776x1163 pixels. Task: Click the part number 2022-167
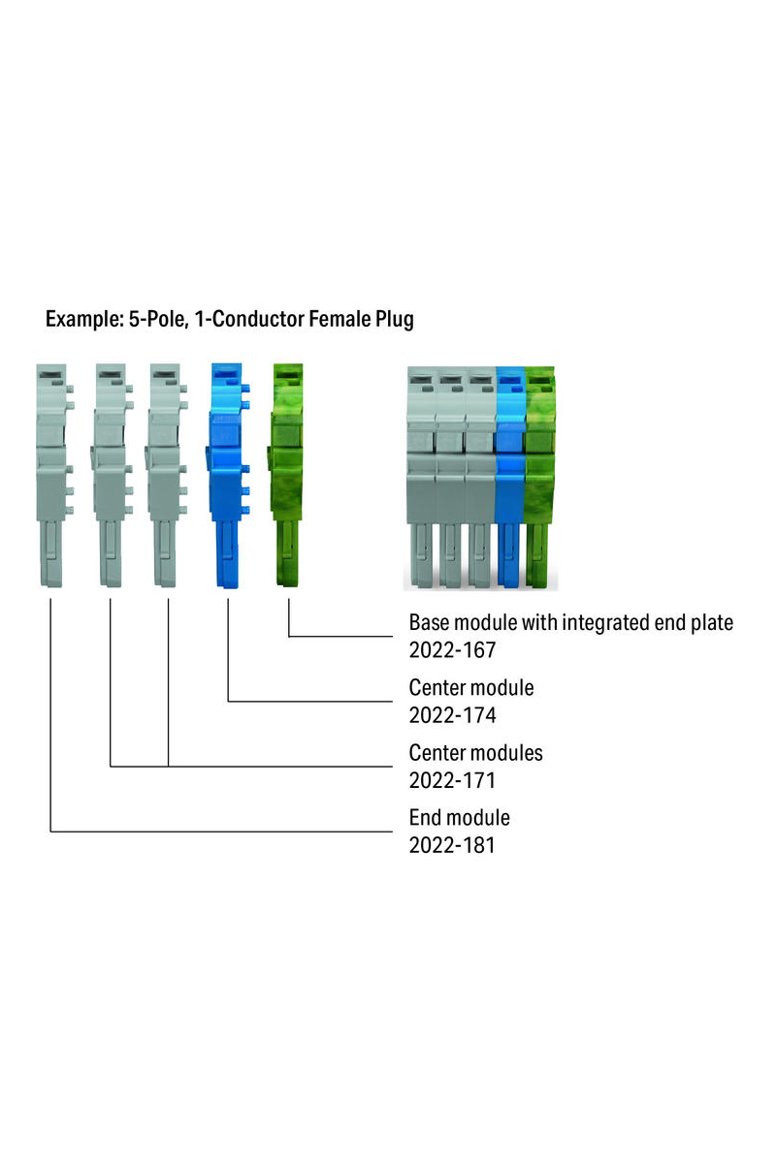452,650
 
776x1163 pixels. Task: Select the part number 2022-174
452,715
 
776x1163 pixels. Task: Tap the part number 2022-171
452,780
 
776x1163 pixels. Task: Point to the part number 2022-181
452,845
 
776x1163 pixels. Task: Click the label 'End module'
459,817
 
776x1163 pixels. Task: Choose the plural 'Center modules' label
475,752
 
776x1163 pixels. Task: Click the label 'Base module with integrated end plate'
570,622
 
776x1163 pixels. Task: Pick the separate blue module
229,475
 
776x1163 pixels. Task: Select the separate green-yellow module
286,475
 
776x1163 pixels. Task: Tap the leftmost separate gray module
53,475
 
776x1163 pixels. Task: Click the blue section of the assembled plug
509,478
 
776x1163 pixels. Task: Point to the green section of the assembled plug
540,478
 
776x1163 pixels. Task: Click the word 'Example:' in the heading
84,319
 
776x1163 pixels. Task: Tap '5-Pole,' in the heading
158,319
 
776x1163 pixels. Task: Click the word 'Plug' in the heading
395,319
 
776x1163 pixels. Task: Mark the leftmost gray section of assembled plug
422,478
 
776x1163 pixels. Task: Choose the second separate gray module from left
112,475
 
